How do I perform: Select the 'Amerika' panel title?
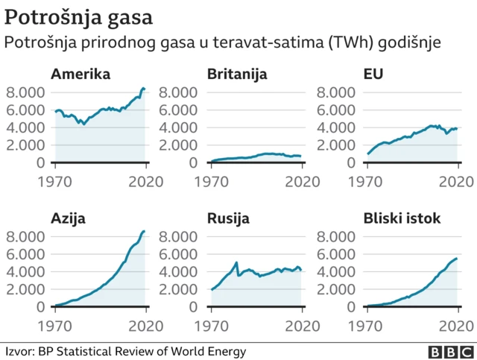pyautogui.click(x=80, y=75)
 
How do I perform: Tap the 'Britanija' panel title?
pyautogui.click(x=238, y=75)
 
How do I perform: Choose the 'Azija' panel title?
pyautogui.click(x=68, y=218)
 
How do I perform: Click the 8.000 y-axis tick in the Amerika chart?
pyautogui.click(x=25, y=92)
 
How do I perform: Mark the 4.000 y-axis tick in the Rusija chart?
pyautogui.click(x=181, y=271)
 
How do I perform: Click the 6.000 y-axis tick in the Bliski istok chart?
pyautogui.click(x=337, y=254)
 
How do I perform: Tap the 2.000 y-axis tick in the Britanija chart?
pyautogui.click(x=181, y=145)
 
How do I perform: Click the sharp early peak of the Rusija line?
pyautogui.click(x=236, y=262)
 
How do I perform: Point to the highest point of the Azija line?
pyautogui.click(x=143, y=231)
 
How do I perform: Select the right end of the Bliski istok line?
pyautogui.click(x=456, y=259)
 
